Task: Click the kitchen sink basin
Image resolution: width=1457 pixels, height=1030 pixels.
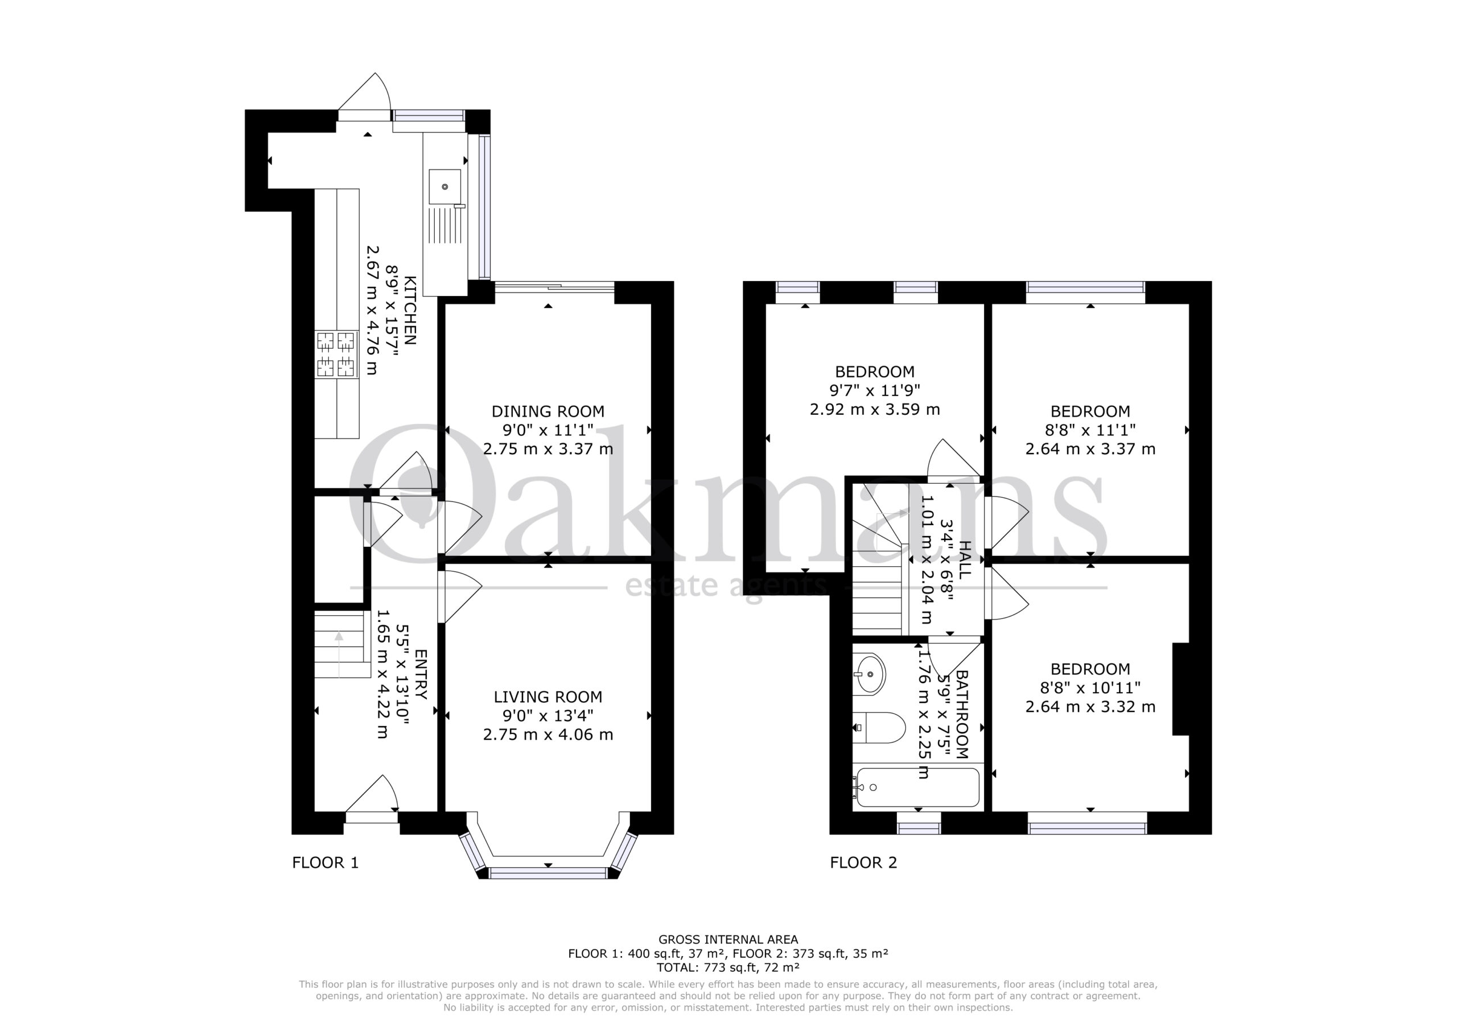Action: point(444,187)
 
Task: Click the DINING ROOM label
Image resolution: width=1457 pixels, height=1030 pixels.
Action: point(548,411)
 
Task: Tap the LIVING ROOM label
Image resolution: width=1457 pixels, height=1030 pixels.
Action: point(548,697)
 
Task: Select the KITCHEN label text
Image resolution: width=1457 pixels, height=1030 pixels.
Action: point(410,310)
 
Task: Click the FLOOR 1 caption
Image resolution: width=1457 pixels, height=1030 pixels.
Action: point(326,863)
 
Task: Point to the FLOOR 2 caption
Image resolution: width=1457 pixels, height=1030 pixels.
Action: point(863,863)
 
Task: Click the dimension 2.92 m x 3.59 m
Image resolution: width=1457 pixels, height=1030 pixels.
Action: point(874,409)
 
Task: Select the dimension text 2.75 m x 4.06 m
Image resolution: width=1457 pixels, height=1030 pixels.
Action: point(548,734)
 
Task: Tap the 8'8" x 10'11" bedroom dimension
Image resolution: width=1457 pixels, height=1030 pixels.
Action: point(1090,687)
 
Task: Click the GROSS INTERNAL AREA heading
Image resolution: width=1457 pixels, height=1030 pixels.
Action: point(728,940)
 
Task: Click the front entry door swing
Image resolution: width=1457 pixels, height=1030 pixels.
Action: point(372,794)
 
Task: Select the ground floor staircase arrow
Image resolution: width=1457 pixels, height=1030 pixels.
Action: point(339,654)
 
